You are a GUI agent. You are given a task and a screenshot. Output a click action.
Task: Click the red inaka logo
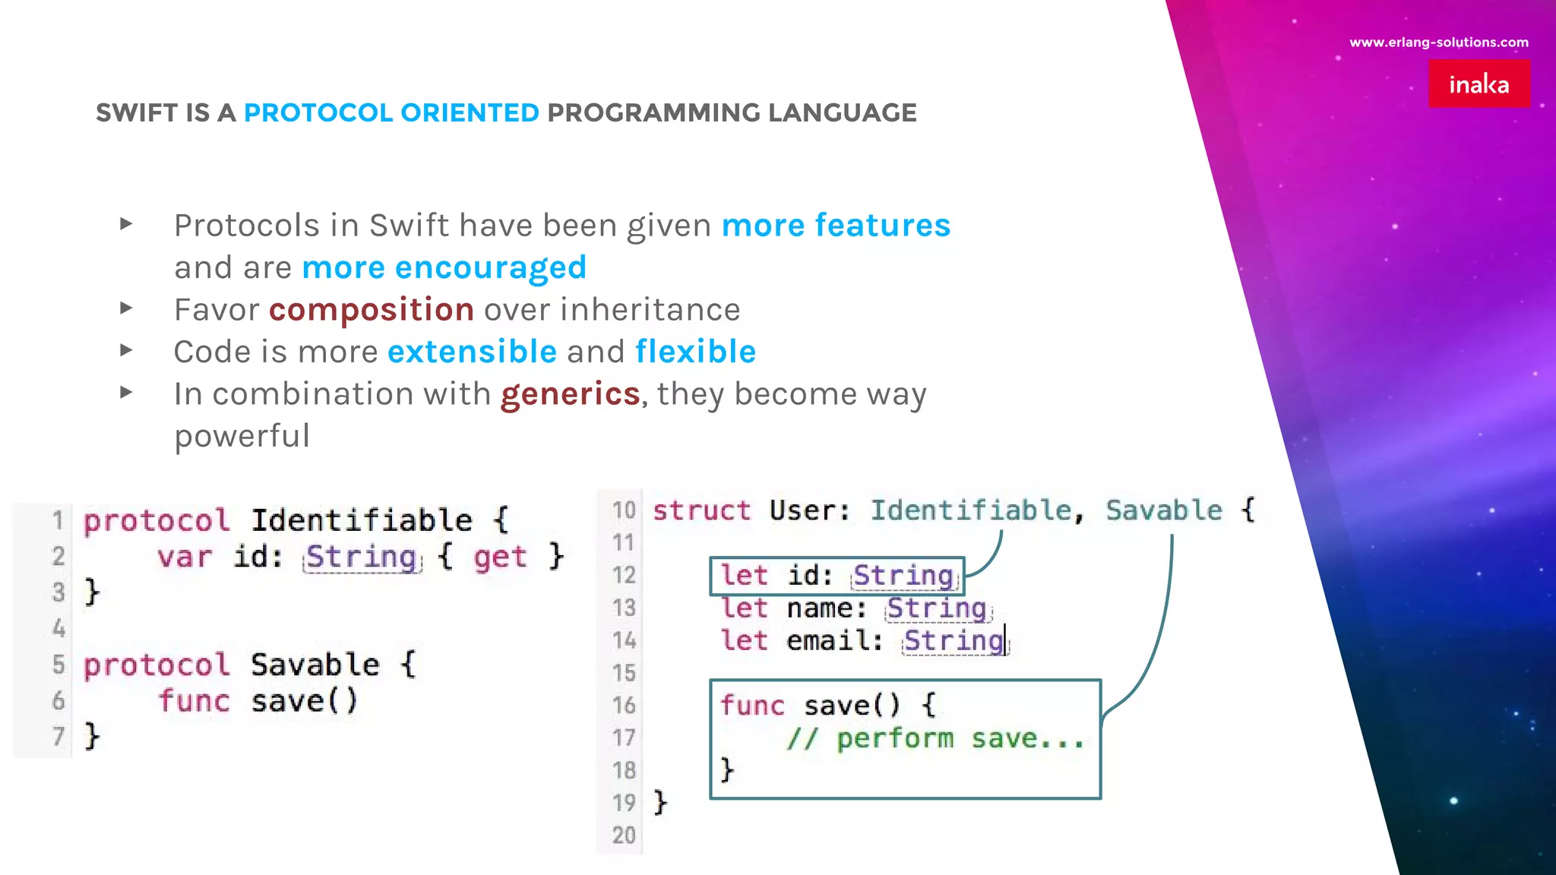click(1479, 84)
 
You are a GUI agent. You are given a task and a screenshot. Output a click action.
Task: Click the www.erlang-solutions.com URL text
click(1438, 43)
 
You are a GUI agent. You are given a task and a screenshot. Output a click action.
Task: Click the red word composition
click(372, 310)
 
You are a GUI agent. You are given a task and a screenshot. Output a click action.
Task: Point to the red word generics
click(570, 394)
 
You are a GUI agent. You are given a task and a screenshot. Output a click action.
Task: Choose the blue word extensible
click(472, 352)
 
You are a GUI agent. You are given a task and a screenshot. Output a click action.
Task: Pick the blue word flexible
click(695, 352)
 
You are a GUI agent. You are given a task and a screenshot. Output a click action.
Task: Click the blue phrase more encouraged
click(444, 267)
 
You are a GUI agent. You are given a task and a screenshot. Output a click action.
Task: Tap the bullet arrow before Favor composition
click(126, 308)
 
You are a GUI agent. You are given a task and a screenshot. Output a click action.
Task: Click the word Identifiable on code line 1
click(362, 520)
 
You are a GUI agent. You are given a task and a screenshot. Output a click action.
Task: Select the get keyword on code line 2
click(499, 557)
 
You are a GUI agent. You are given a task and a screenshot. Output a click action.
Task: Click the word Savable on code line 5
click(315, 665)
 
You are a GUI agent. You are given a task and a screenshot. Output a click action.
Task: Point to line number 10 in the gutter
click(624, 510)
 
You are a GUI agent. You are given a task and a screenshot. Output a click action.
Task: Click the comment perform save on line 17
click(935, 738)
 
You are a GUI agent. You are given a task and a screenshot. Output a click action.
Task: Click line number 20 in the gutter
click(624, 835)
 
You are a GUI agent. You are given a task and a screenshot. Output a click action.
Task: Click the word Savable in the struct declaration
click(1163, 510)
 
